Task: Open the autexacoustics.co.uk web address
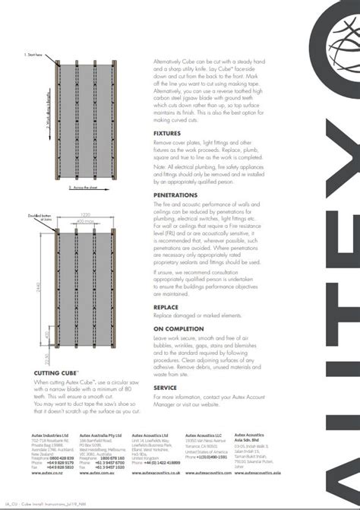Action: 158,473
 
